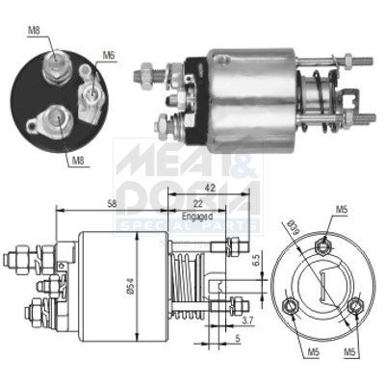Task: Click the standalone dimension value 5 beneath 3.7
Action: [237, 339]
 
